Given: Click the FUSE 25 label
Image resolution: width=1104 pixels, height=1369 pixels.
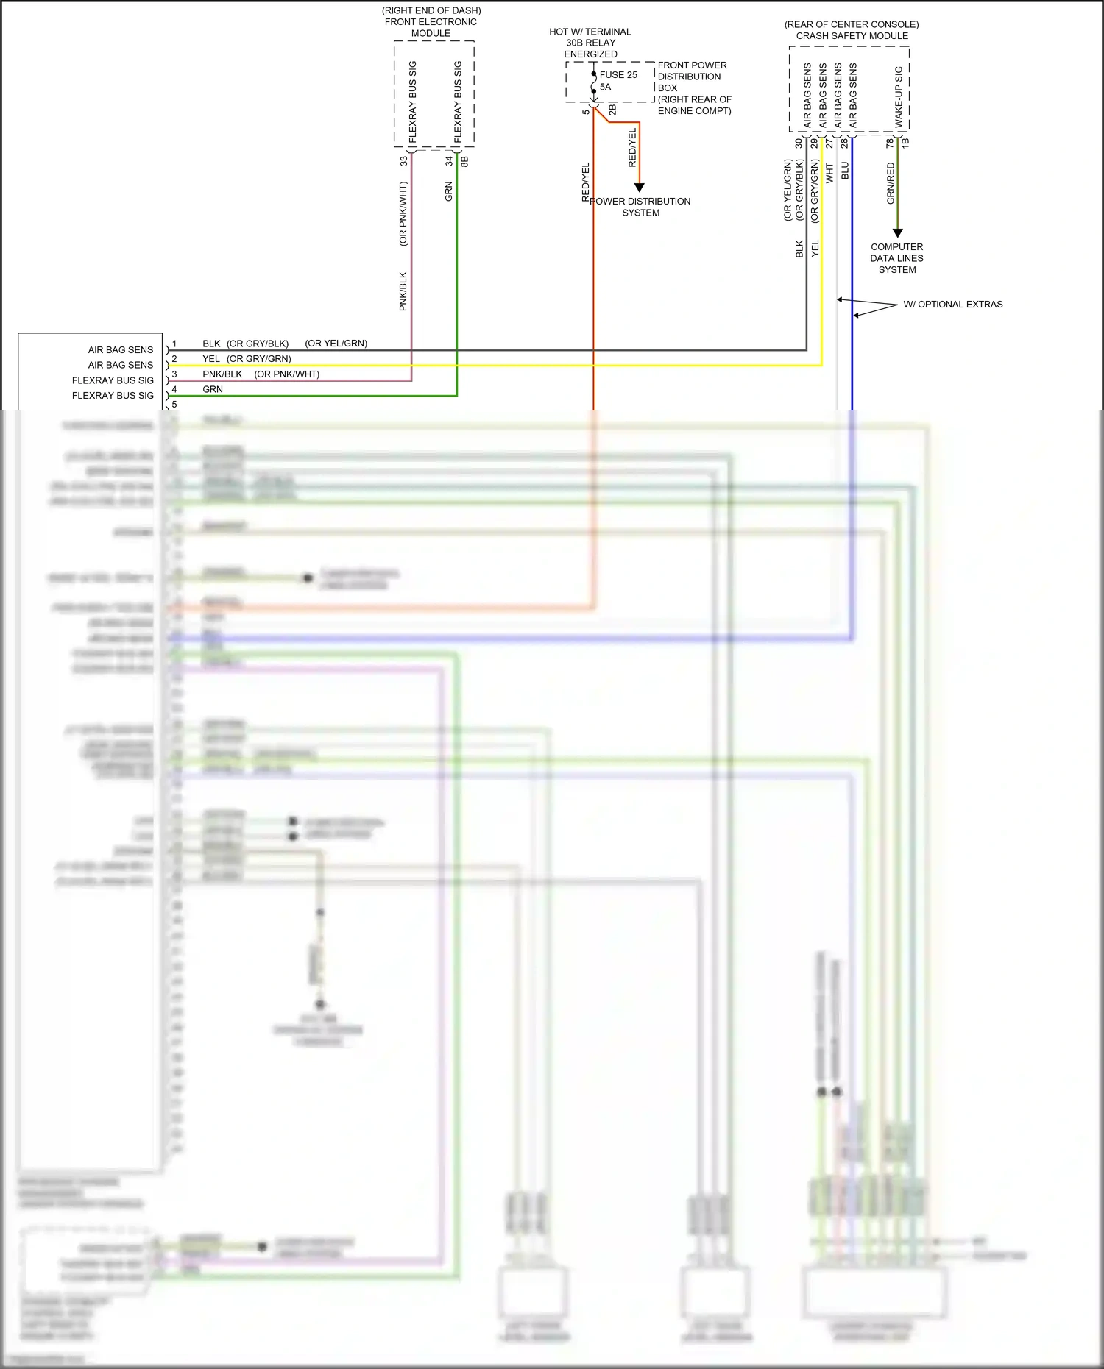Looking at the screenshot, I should point(618,74).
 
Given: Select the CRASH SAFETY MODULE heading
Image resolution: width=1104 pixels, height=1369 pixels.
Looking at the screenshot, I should point(852,35).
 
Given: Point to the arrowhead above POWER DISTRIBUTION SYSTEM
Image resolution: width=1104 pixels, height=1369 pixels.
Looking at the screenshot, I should point(639,188).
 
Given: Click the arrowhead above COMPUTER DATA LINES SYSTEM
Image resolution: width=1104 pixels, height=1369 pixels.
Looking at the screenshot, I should point(897,233).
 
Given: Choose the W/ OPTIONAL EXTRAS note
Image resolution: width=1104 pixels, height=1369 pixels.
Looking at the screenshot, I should point(952,305).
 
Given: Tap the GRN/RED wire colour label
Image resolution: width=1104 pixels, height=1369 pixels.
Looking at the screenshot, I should point(891,183).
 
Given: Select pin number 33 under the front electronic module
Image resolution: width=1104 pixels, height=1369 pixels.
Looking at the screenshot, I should point(403,160).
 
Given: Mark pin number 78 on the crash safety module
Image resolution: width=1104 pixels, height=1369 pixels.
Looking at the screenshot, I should point(889,142).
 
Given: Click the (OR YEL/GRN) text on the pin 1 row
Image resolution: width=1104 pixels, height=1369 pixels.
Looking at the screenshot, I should point(336,344).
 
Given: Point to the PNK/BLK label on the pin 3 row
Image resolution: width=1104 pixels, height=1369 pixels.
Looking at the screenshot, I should point(222,374).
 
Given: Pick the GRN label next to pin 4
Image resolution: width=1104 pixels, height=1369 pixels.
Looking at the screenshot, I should point(213,389).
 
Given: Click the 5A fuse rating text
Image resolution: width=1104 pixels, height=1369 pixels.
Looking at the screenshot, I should point(606,87).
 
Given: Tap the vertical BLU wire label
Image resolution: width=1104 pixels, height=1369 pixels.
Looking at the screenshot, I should point(845,171).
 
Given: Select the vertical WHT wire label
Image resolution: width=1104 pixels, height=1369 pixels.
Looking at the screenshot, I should point(829,174).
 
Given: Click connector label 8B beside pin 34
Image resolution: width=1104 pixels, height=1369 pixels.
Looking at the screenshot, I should point(464,160).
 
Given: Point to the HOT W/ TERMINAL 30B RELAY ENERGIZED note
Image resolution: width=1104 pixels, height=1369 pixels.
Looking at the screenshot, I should point(590,43).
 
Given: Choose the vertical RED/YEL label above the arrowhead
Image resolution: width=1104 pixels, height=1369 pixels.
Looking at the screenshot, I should point(631,148).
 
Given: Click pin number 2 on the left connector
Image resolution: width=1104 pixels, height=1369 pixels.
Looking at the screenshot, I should point(174,359).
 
